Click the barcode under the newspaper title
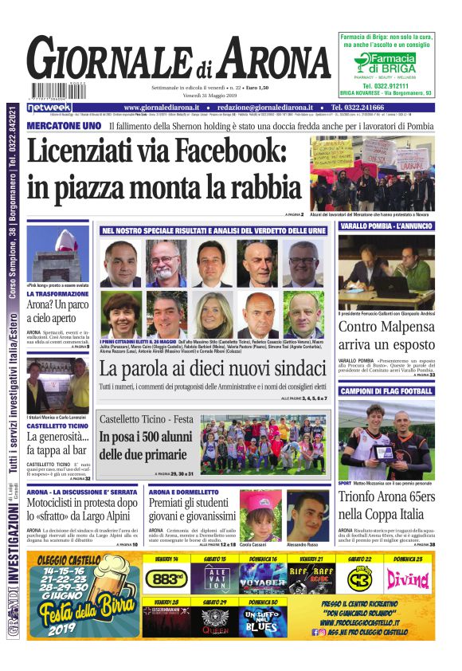pyautogui.click(x=57, y=90)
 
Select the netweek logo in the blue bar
pyautogui.click(x=49, y=108)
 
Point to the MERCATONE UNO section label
pyautogui.click(x=64, y=126)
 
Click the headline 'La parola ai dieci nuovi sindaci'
pyautogui.click(x=213, y=369)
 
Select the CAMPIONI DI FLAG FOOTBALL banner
pyautogui.click(x=386, y=391)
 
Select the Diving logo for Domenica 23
pyautogui.click(x=407, y=579)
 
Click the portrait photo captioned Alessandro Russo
pyautogui.click(x=307, y=516)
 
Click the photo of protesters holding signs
pyautogui.click(x=372, y=173)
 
